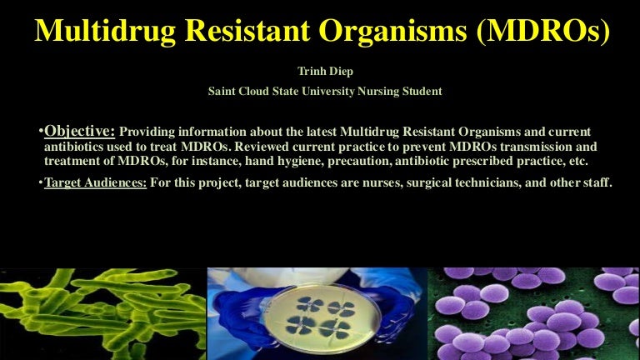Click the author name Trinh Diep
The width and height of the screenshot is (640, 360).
tap(321, 72)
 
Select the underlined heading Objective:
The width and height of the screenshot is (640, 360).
tap(80, 131)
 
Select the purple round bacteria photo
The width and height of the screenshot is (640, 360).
tap(533, 314)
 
